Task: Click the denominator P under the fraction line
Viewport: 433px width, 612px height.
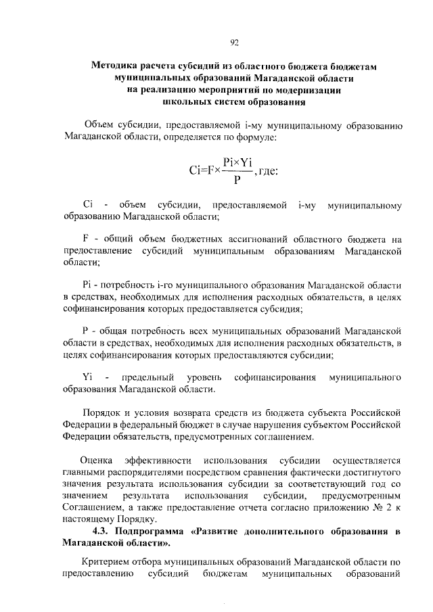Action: click(x=235, y=180)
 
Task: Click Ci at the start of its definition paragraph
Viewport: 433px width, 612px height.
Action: click(x=87, y=204)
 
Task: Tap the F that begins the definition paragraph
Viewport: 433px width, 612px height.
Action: click(x=85, y=239)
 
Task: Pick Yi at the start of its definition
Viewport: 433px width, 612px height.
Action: click(x=87, y=376)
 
